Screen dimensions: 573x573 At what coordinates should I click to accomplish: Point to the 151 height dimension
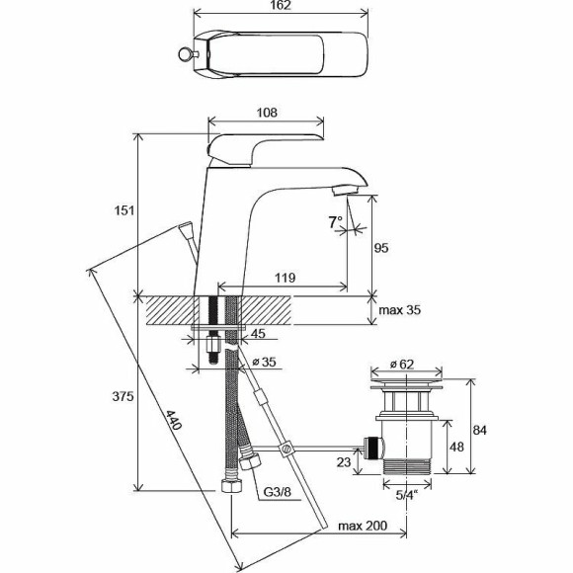click(x=123, y=211)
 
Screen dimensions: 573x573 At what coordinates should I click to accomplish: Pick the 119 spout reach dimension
click(x=283, y=279)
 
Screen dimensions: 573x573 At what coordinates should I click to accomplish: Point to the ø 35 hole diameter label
click(x=263, y=363)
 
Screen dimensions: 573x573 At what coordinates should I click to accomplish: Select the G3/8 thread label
click(x=276, y=492)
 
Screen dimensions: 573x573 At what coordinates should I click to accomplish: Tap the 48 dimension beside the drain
click(x=456, y=447)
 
